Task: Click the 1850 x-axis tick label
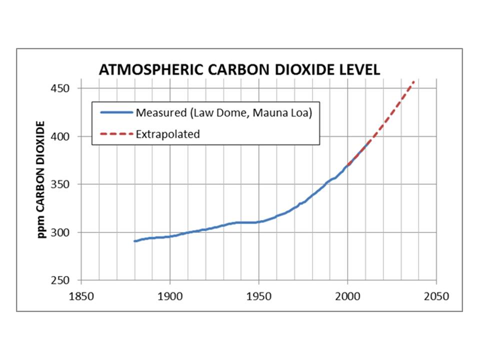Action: pos(81,295)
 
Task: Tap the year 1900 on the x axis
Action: pos(170,295)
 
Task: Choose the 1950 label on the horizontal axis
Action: pos(259,295)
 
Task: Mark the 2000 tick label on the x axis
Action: pos(348,295)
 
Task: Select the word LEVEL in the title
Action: pos(359,69)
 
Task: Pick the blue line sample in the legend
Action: pos(116,112)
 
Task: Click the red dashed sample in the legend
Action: pos(116,134)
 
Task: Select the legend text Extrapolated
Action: pos(168,134)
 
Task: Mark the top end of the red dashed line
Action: pos(413,81)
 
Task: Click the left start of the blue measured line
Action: pos(134,241)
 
